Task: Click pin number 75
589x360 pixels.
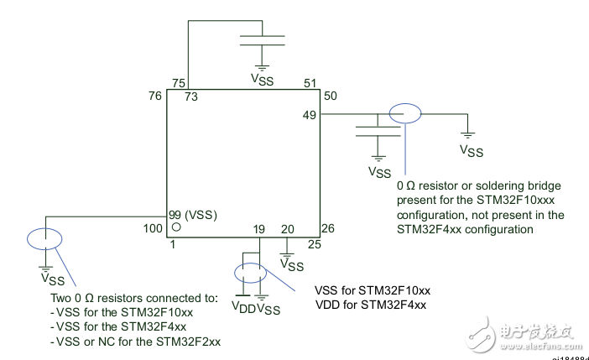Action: (178, 82)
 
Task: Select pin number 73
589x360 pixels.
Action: (192, 97)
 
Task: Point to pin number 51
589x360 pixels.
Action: (310, 82)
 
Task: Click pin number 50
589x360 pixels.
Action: (331, 97)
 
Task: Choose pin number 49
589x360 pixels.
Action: (310, 115)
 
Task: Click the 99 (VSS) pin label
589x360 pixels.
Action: (194, 215)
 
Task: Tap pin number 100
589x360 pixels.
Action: (154, 228)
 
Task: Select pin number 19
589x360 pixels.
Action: (259, 228)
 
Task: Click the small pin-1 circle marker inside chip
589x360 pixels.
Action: (176, 227)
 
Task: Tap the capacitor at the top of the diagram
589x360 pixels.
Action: (262, 41)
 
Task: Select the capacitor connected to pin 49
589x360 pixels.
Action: (378, 130)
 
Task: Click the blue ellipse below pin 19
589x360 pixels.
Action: (249, 273)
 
